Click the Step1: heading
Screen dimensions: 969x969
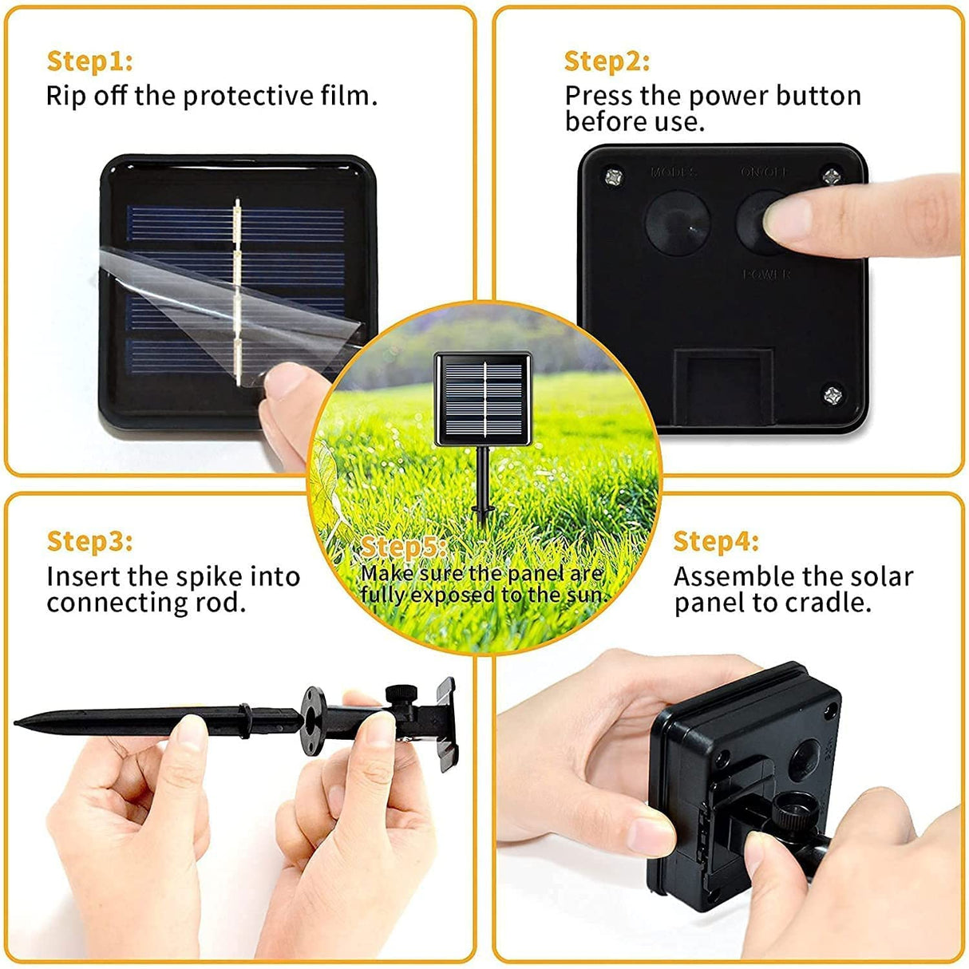tap(89, 61)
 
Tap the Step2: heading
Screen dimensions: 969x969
tap(607, 61)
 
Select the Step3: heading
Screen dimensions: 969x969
tap(89, 541)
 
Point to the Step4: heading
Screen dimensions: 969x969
tap(715, 541)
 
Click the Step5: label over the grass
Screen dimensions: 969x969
tap(402, 548)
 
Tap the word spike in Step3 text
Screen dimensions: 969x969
tap(211, 576)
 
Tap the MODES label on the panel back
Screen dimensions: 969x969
tap(674, 172)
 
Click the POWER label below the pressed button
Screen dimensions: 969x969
tap(766, 275)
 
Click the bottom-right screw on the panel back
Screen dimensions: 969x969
tap(833, 394)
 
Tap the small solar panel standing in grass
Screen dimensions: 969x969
tap(483, 399)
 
